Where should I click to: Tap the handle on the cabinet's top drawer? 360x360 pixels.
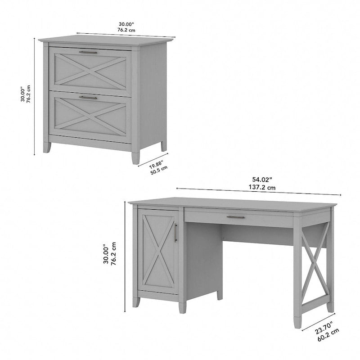(x=88, y=53)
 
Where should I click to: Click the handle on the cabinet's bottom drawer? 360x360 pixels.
(x=88, y=97)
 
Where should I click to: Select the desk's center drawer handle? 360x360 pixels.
(x=235, y=217)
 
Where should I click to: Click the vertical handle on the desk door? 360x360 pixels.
(x=175, y=233)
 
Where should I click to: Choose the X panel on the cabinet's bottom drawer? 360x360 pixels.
(x=90, y=116)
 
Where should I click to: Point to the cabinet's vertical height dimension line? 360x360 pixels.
(x=35, y=97)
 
